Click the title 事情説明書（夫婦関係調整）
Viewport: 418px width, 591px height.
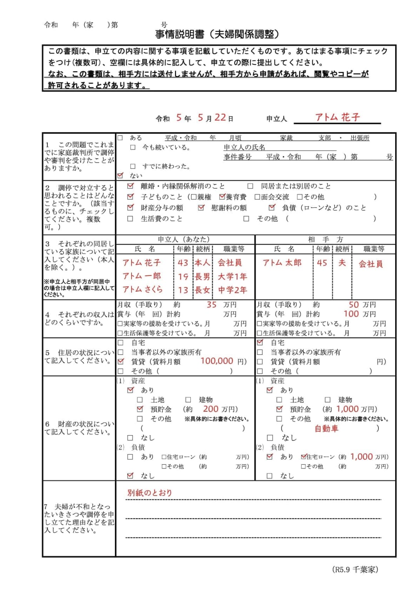coord(217,34)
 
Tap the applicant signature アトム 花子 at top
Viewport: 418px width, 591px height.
coord(337,117)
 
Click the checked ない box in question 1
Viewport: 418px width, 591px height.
coord(120,175)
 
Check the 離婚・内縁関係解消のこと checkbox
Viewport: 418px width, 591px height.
coord(130,186)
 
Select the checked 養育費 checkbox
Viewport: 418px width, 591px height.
coord(222,197)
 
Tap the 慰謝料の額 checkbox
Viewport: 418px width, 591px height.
coord(201,208)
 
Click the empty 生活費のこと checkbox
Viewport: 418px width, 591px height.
coord(130,219)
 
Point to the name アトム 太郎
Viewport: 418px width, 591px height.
coord(282,263)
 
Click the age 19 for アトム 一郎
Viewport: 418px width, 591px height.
coord(183,277)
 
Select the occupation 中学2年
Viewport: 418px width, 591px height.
coord(232,290)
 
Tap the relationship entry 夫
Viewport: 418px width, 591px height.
coord(342,263)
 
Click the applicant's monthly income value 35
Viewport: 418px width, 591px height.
coord(211,305)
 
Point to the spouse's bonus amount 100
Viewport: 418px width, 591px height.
coord(351,314)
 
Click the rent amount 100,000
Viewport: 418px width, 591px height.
coord(216,361)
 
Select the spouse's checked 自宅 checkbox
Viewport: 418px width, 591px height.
coord(260,342)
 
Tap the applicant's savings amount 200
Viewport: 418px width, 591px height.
coord(211,409)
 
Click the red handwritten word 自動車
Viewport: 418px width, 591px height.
coord(326,428)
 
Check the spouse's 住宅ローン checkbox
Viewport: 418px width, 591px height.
coord(303,457)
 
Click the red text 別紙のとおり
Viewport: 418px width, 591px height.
coord(150,492)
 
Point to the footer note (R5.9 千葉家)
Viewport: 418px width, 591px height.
coord(355,569)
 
